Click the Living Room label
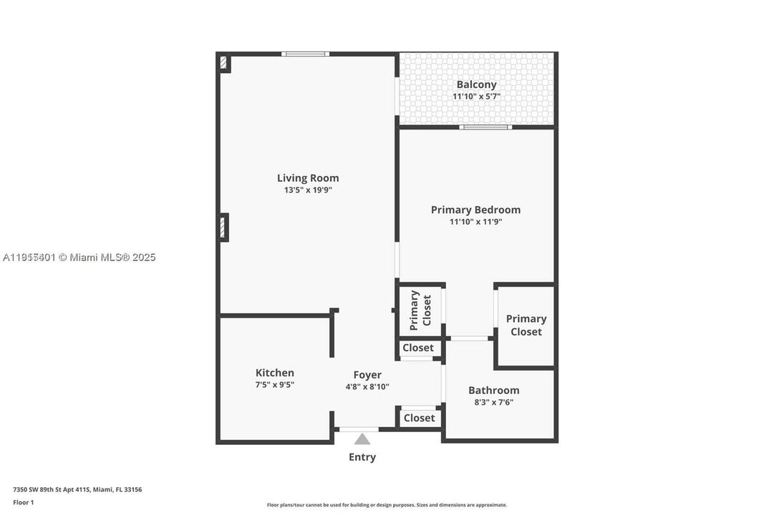[308, 178]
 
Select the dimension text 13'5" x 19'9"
[308, 190]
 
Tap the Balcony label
[476, 84]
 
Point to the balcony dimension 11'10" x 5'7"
[476, 97]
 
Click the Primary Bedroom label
[475, 210]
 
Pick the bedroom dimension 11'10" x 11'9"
[475, 222]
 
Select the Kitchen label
[275, 373]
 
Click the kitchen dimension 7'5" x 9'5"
[275, 385]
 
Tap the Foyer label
[367, 375]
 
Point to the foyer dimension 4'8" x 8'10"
[367, 387]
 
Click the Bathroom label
[493, 390]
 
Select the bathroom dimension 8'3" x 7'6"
[493, 402]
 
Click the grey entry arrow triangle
[362, 439]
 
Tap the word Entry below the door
[362, 457]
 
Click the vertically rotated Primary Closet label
[421, 310]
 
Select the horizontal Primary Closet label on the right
[526, 325]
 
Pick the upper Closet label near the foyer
[418, 348]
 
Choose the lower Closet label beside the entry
[419, 418]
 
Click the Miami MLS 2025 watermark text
[79, 257]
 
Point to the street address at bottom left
[77, 490]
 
